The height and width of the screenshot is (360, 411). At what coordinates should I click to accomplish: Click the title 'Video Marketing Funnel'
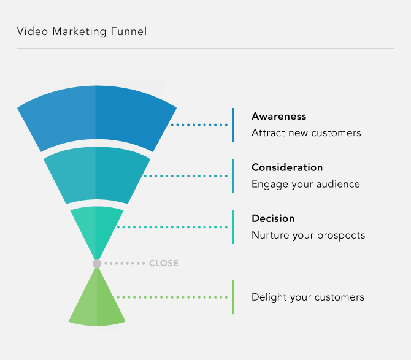click(x=82, y=31)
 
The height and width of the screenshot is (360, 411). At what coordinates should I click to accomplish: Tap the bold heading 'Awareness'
click(x=278, y=116)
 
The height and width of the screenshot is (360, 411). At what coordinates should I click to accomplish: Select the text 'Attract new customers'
click(x=306, y=132)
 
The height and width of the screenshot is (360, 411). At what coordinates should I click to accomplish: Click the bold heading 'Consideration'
click(x=287, y=167)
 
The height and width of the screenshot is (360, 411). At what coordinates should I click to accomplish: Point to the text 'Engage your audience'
click(x=305, y=184)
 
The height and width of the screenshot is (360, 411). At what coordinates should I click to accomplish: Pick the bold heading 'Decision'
click(x=273, y=218)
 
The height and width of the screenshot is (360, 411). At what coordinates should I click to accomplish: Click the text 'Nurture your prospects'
click(x=308, y=235)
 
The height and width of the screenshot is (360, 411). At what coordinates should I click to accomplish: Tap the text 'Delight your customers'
click(x=308, y=297)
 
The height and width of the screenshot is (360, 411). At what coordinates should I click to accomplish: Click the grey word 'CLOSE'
click(x=164, y=264)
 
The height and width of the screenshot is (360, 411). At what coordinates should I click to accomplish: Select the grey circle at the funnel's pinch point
click(x=97, y=264)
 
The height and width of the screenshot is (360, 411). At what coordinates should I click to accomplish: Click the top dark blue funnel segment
click(x=97, y=117)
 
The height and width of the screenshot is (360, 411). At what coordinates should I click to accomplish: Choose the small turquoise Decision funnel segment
click(x=97, y=227)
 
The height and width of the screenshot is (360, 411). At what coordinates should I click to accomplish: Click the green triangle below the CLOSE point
click(x=97, y=304)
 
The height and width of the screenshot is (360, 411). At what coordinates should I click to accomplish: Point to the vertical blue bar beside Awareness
click(x=233, y=124)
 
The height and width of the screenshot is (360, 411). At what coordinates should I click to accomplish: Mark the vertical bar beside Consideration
click(x=233, y=176)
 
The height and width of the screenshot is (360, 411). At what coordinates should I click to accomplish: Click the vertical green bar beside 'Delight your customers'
click(x=233, y=297)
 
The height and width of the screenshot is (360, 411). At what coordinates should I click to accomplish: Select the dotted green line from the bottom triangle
click(x=172, y=297)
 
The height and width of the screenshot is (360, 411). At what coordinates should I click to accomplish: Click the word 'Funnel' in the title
click(x=129, y=31)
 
